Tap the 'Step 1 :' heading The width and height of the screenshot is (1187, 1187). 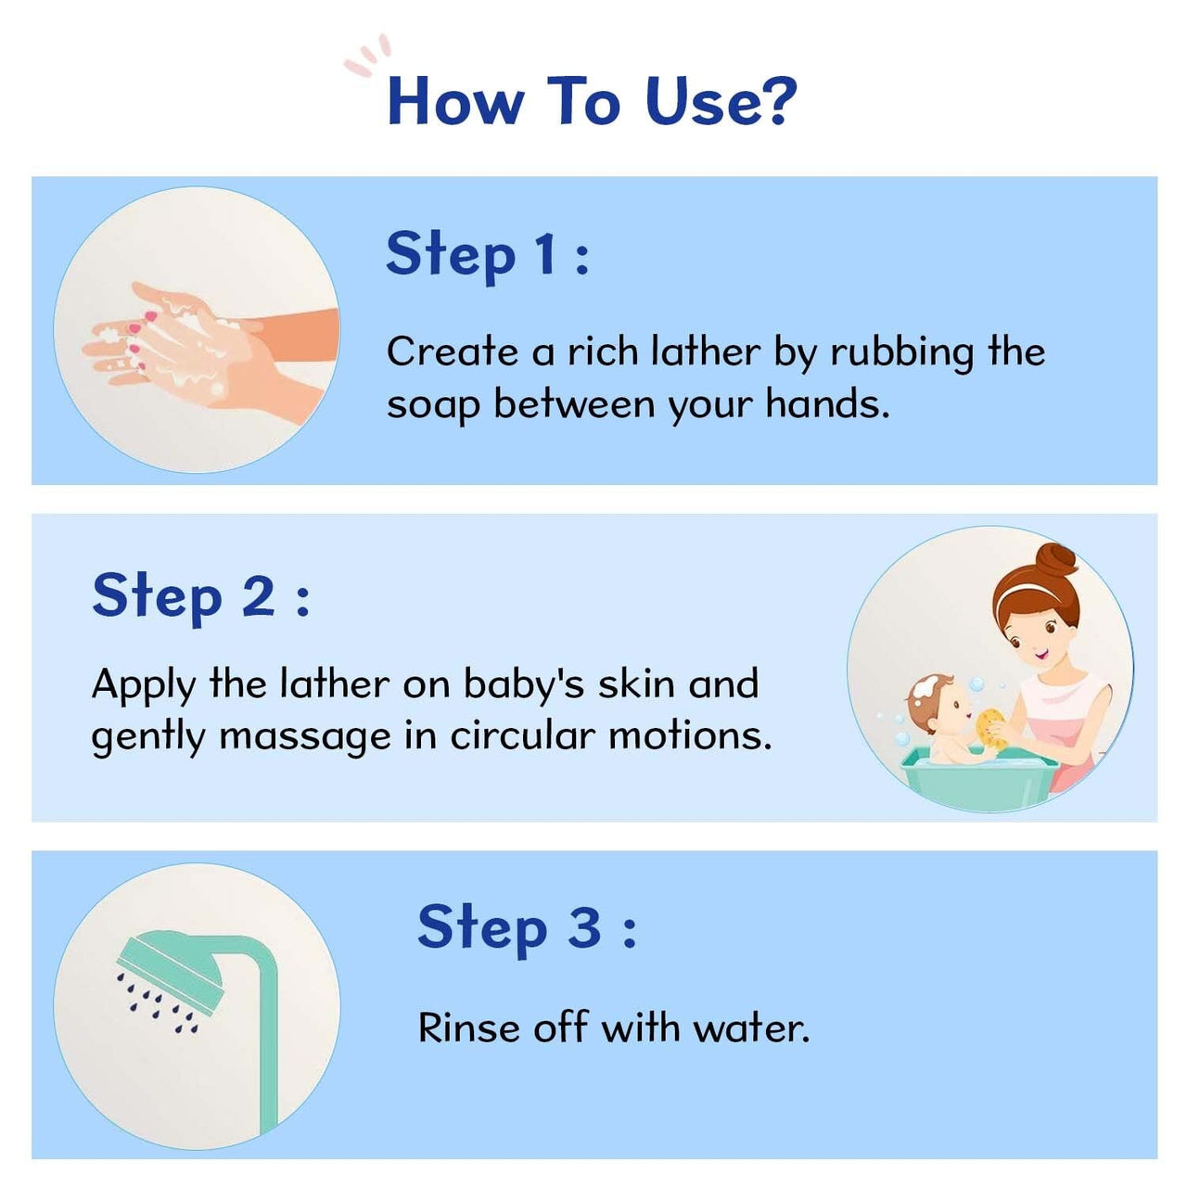(488, 254)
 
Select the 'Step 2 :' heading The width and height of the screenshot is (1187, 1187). (200, 595)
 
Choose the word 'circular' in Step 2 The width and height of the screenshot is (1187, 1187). (522, 736)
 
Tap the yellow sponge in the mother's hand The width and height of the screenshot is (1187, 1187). (990, 728)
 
